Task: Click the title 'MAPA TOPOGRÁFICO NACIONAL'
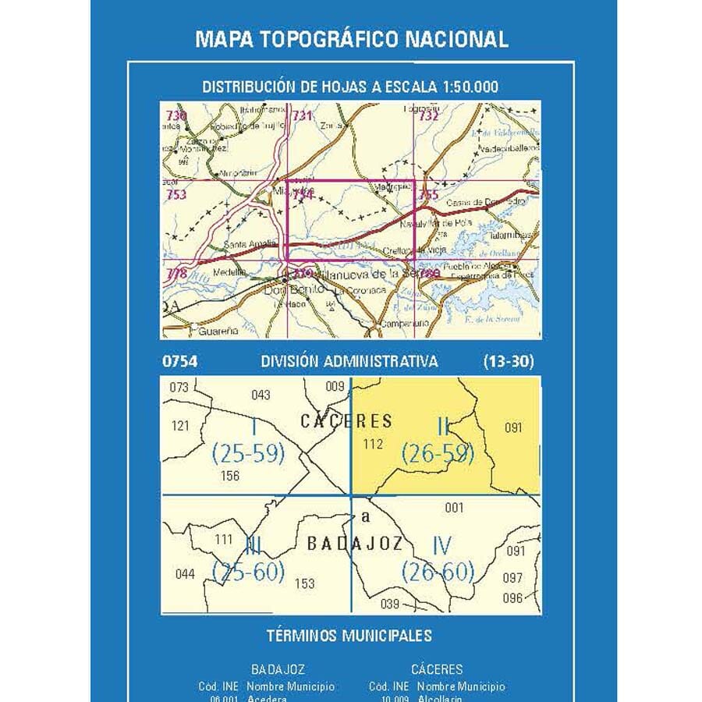[x=351, y=39]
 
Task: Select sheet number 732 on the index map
[x=428, y=116]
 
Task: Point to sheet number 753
[x=176, y=194]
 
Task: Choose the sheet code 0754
[x=179, y=362]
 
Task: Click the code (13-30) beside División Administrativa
[x=508, y=362]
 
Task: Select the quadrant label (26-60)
[x=438, y=572]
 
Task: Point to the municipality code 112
[x=374, y=445]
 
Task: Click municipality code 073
[x=179, y=388]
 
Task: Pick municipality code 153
[x=304, y=583]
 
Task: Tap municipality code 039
[x=390, y=603]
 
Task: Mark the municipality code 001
[x=454, y=509]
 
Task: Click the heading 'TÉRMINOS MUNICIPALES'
[x=349, y=636]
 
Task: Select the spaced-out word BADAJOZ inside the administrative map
[x=354, y=544]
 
